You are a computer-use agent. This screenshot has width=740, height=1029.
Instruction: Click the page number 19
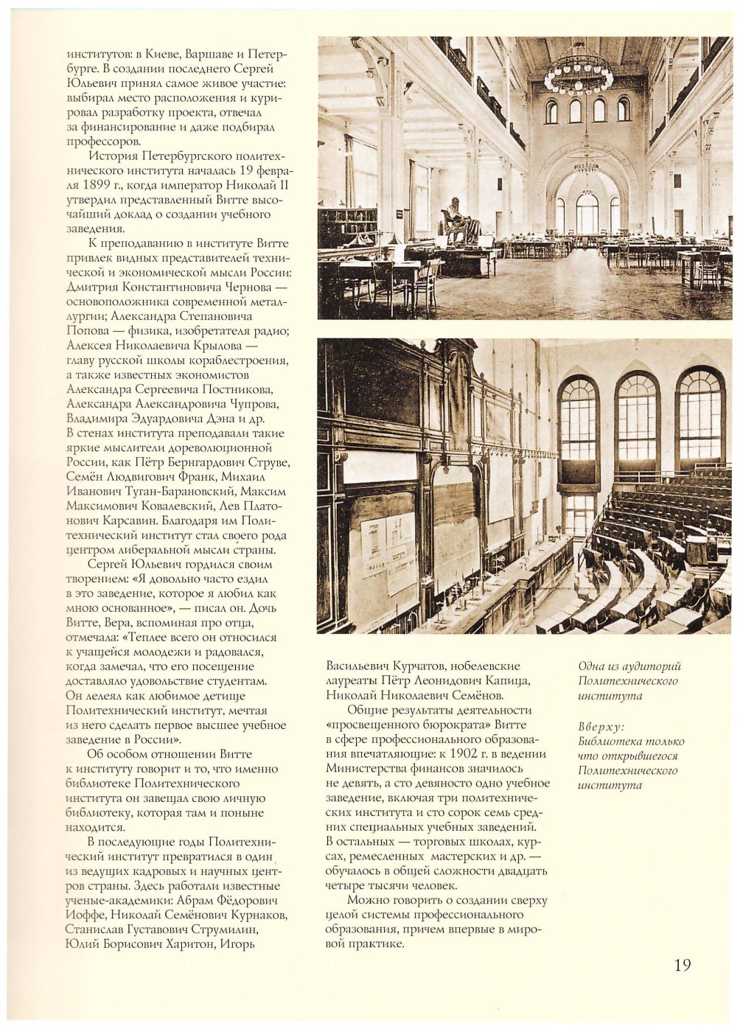click(682, 965)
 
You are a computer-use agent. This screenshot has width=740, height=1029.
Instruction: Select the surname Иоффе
click(85, 915)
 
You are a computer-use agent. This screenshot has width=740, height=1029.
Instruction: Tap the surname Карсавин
click(94, 520)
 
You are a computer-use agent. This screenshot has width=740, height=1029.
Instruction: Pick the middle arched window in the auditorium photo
click(637, 420)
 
